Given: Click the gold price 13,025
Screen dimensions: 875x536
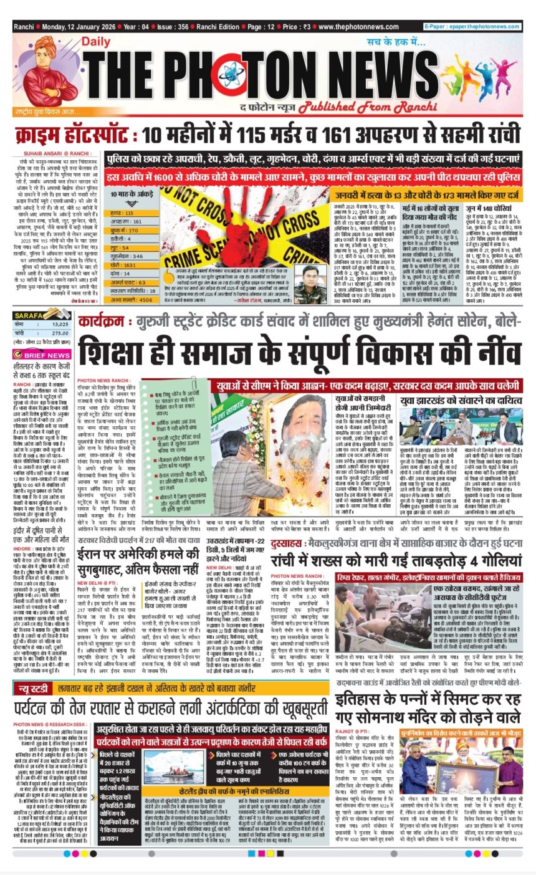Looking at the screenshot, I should (60, 325).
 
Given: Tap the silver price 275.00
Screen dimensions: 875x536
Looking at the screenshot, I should (59, 333).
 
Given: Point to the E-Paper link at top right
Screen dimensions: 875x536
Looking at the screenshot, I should (472, 27).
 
